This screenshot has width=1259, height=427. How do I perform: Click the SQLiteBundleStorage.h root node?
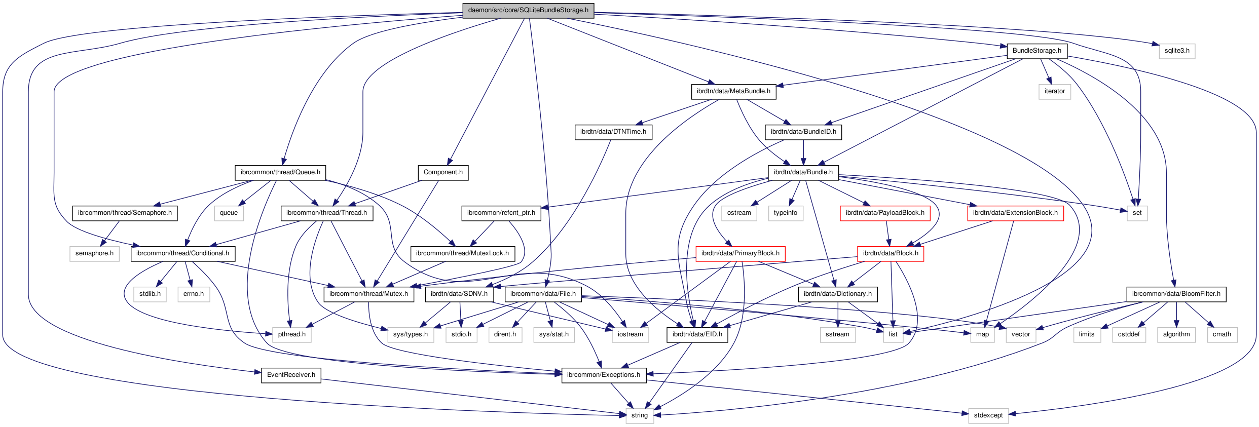(x=528, y=10)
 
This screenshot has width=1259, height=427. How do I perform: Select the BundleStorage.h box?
(x=1036, y=51)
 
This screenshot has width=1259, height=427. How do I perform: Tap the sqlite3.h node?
(x=1176, y=51)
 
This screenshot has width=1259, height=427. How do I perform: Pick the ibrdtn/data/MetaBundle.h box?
(x=733, y=91)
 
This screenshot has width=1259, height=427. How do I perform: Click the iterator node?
(x=1054, y=91)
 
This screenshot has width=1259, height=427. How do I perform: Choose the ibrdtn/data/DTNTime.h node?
(x=613, y=132)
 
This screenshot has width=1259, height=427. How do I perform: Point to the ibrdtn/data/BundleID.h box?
(x=803, y=132)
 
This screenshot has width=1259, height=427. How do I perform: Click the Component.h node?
(x=443, y=172)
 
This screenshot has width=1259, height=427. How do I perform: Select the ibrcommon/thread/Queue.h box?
(x=280, y=172)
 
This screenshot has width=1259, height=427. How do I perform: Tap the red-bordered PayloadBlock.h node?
(x=884, y=213)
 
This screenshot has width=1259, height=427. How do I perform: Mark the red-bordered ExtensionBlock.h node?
(x=1015, y=213)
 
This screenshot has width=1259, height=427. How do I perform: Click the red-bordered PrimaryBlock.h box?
(x=740, y=253)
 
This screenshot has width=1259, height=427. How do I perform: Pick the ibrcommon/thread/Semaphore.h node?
(x=125, y=213)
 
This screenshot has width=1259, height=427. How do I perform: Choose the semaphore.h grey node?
(x=94, y=253)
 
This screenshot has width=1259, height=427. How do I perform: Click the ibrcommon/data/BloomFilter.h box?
(x=1176, y=294)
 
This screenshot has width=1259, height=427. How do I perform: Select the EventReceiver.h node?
(x=291, y=375)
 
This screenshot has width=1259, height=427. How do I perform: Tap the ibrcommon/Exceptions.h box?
(x=603, y=375)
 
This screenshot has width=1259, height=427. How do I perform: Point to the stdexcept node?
(x=988, y=415)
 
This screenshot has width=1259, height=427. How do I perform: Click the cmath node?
(x=1221, y=334)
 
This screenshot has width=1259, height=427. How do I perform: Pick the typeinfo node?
(x=785, y=213)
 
